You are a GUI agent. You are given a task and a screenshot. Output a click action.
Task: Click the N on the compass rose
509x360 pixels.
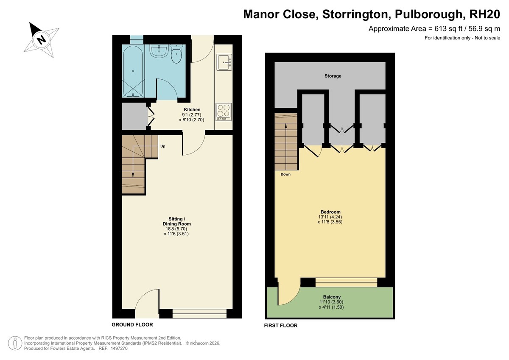42,40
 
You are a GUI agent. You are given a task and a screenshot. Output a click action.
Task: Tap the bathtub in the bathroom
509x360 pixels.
133,72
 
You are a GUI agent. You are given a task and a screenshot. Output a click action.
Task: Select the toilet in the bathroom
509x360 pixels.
176,53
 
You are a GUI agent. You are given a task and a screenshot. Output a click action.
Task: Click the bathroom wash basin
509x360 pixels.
159,51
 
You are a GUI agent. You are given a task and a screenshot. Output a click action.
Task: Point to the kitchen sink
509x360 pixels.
224,62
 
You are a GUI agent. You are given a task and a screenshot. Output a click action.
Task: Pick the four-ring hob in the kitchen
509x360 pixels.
224,112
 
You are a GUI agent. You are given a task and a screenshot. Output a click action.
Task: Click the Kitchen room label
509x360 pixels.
192,109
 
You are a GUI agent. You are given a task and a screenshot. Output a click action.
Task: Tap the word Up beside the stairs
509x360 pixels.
163,146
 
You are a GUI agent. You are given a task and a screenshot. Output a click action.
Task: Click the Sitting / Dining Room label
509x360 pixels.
176,221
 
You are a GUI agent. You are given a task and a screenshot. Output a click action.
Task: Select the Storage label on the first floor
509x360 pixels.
333,76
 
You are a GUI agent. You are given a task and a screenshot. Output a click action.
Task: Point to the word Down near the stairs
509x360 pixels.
285,174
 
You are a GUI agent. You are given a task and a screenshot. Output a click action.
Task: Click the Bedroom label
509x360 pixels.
330,212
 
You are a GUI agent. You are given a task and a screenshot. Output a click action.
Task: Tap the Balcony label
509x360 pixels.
332,297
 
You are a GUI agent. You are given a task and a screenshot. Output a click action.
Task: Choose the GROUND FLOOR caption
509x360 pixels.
132,324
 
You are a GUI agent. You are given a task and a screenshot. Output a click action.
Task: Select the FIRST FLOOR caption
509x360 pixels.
281,326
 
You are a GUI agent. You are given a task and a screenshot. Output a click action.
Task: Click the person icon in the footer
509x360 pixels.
15,343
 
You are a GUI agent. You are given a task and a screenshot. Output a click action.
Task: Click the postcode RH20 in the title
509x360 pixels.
484,14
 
